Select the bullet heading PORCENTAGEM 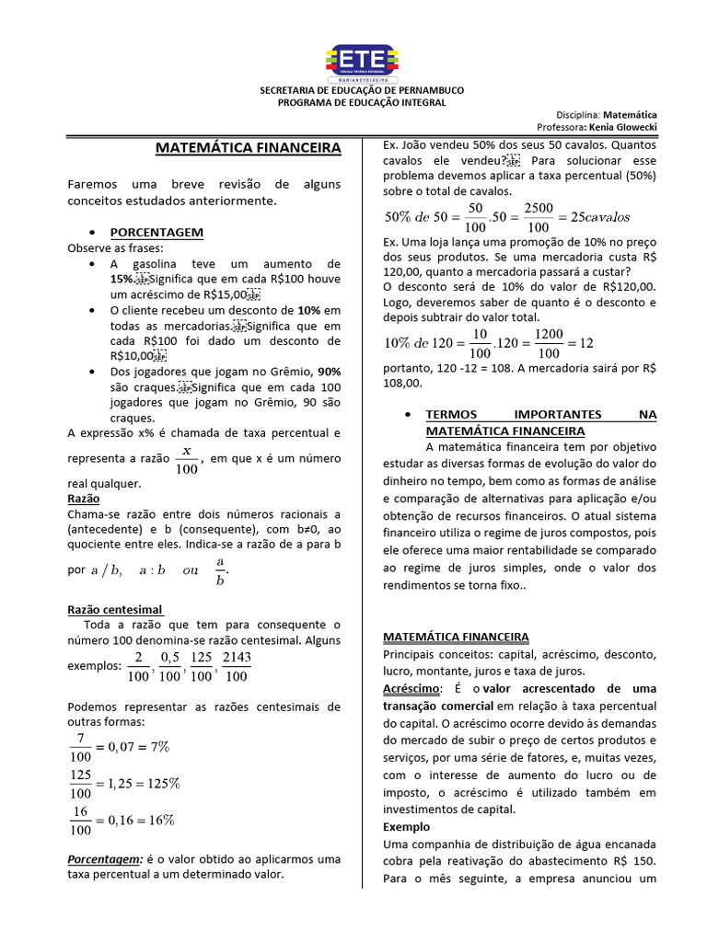pyautogui.click(x=156, y=232)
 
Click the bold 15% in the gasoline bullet pyautogui.click(x=122, y=279)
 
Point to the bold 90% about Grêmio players pyautogui.click(x=329, y=371)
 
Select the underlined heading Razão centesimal pyautogui.click(x=115, y=609)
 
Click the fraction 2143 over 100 pyautogui.click(x=237, y=667)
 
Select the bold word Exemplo pyautogui.click(x=406, y=826)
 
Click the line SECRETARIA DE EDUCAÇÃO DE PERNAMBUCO pyautogui.click(x=363, y=90)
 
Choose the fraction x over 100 pyautogui.click(x=186, y=459)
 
